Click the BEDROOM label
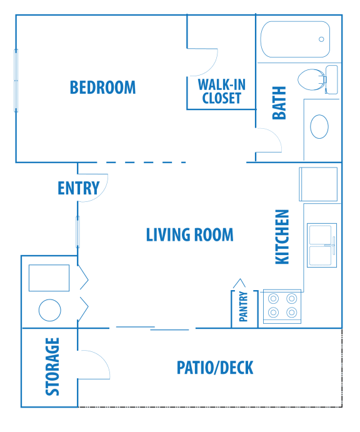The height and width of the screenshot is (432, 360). tap(102, 88)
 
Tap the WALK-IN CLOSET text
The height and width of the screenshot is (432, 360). tap(221, 91)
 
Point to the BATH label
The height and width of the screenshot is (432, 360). tap(279, 103)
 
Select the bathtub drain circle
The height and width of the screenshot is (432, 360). tap(321, 39)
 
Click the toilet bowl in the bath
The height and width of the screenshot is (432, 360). tap(311, 79)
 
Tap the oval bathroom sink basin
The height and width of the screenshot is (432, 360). tap(319, 126)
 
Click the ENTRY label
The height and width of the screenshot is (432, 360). tap(79, 188)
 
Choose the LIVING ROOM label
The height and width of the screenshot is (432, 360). tap(190, 234)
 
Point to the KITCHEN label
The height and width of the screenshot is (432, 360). tap(282, 237)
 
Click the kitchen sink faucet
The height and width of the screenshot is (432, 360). tap(332, 245)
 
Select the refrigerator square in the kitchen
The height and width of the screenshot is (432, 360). tap(318, 184)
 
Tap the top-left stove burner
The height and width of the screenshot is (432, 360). tap(274, 298)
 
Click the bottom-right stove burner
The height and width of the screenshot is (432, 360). tap(292, 313)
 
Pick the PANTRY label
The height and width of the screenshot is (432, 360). tap(244, 306)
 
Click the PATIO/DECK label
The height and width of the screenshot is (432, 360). tap(215, 368)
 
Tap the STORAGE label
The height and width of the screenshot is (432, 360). tap(52, 367)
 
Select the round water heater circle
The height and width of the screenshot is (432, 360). tap(50, 310)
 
